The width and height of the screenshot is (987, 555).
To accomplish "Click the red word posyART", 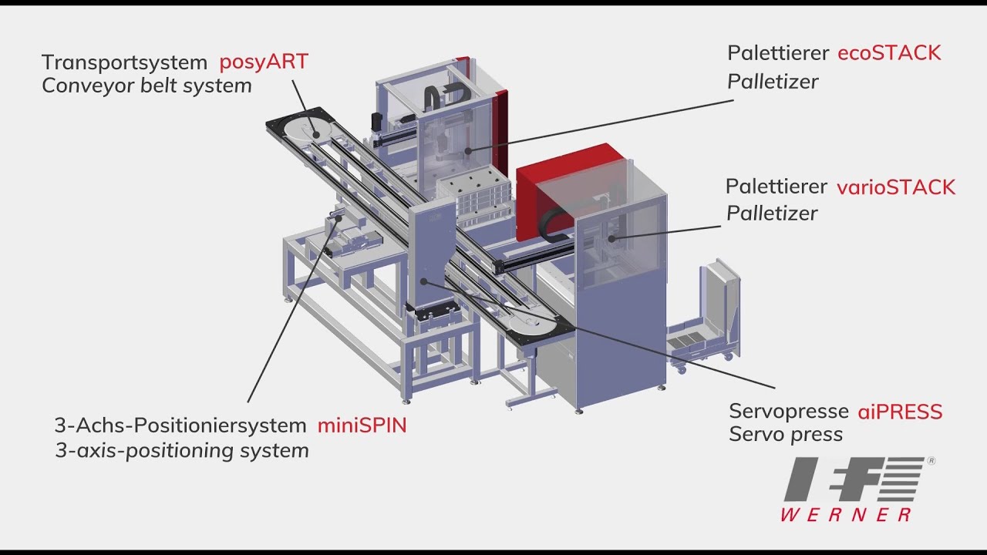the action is coord(264,62).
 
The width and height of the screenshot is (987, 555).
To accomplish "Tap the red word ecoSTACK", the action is coord(889,53).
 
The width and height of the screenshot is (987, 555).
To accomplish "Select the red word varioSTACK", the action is coord(896,187).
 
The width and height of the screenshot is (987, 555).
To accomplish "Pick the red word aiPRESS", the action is coord(900,412).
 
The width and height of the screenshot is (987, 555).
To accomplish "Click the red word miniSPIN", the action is coord(362,425).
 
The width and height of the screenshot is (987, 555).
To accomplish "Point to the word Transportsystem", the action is coord(124,62).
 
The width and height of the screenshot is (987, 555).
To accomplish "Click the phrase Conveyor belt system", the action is coord(147,86).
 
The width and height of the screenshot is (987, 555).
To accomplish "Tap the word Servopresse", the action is coord(789,412).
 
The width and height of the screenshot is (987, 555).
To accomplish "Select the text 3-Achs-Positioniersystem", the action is coord(180,426).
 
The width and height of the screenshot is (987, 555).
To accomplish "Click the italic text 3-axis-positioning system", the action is coord(182,451).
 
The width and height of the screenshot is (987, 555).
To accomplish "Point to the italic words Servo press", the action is coord(786,435).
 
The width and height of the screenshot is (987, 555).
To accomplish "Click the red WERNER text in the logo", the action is coord(846,514).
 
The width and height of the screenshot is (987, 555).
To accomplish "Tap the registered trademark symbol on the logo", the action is coord(931,461).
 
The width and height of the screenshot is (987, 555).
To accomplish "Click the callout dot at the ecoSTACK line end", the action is coord(468,151).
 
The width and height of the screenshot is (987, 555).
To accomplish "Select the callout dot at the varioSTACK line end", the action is coord(611,239).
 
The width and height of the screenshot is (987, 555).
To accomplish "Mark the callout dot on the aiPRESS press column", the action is coord(423,281).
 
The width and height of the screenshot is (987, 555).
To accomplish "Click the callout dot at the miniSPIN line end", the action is coord(339,217).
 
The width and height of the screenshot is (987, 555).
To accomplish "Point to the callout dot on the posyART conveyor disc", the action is coord(315,134).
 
